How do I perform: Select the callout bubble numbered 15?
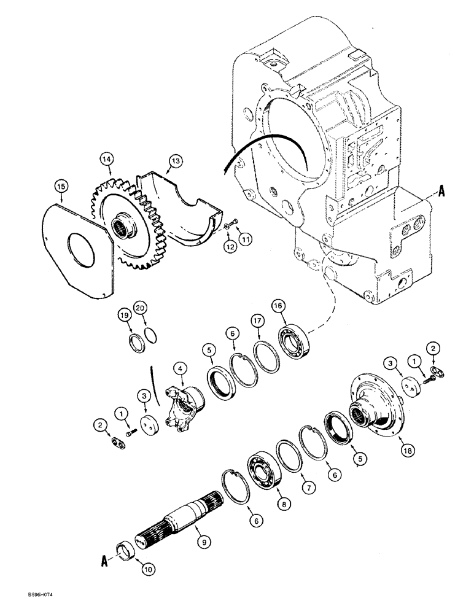point(61,185)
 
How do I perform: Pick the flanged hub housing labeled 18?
point(375,408)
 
